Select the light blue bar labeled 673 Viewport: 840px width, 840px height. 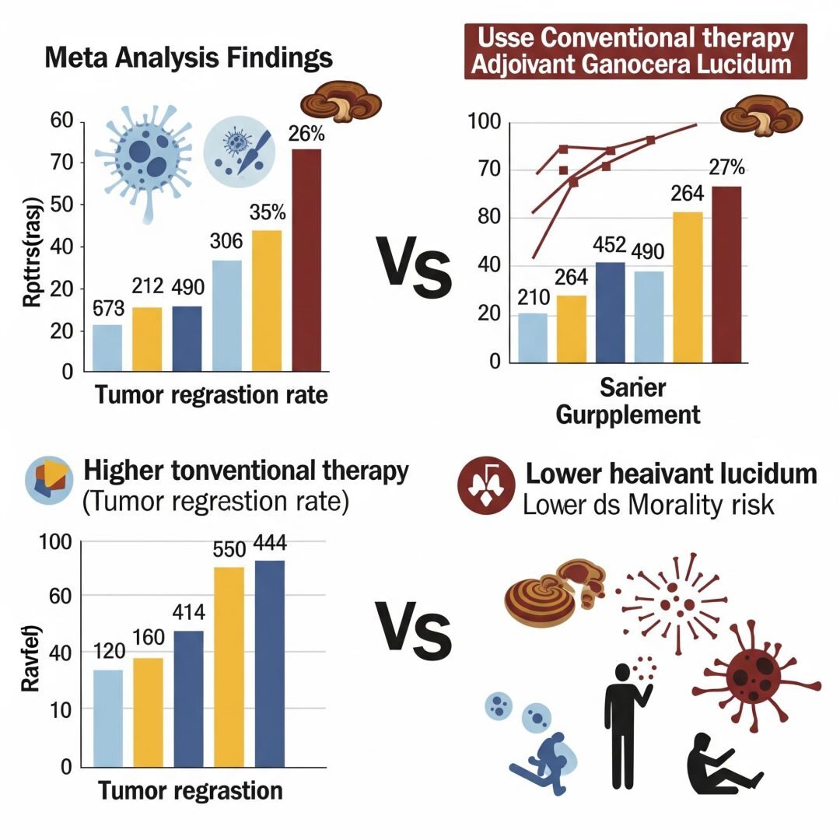click(x=107, y=348)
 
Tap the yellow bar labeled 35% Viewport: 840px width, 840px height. click(x=266, y=300)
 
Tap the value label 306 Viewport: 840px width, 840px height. click(x=226, y=242)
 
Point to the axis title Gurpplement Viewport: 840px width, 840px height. click(x=628, y=414)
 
